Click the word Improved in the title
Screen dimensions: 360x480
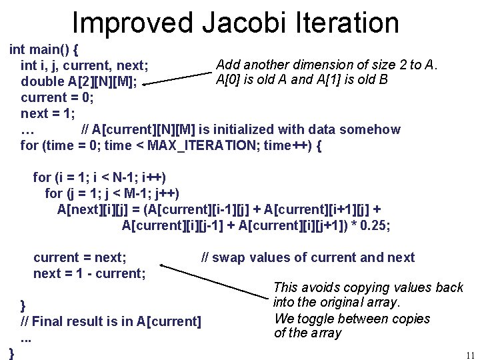pyautogui.click(x=133, y=22)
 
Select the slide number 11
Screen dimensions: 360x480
pyautogui.click(x=469, y=355)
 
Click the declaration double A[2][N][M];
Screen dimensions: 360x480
pyautogui.click(x=79, y=81)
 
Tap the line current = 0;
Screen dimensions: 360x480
pyautogui.click(x=57, y=97)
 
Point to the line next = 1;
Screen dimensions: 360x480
pyautogui.click(x=49, y=113)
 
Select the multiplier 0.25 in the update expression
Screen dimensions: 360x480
pyautogui.click(x=375, y=226)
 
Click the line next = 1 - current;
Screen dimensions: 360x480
pyautogui.click(x=89, y=273)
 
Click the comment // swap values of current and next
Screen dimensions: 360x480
pyautogui.click(x=308, y=257)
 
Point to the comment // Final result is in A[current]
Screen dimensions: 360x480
pyautogui.click(x=111, y=321)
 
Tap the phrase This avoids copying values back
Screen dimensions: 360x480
pyautogui.click(x=368, y=287)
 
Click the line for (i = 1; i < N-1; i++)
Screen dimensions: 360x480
pyautogui.click(x=99, y=177)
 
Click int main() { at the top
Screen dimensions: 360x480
pyautogui.click(x=44, y=49)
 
